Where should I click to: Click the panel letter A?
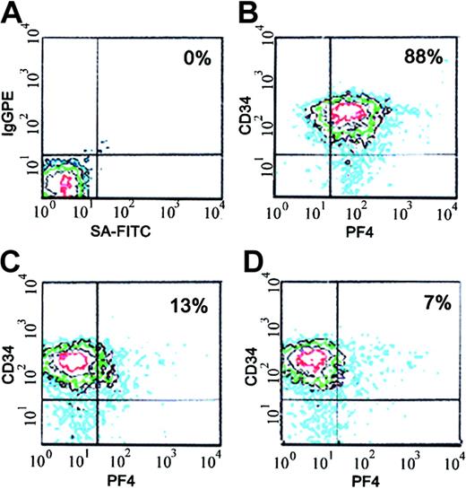pos(12,13)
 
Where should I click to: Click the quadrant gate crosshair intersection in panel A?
pos(96,153)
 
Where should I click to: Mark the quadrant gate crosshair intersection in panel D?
pos(337,398)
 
